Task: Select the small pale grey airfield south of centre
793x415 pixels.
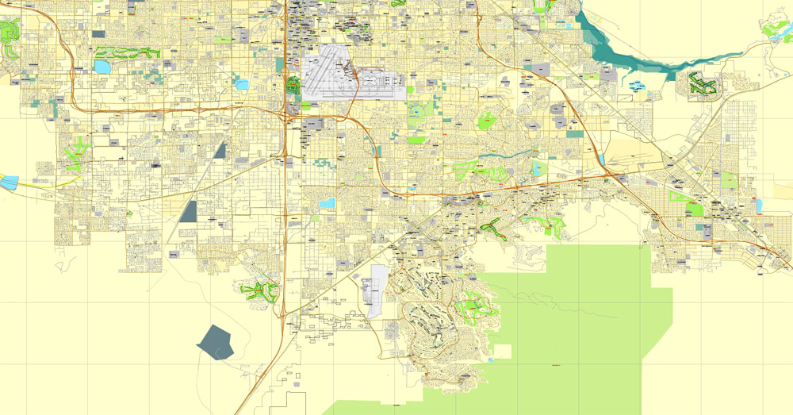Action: tap(377, 290)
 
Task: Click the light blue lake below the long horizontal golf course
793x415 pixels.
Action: tap(103, 67)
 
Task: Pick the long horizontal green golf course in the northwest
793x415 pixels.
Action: tap(127, 53)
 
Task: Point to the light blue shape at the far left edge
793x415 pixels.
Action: tap(8, 183)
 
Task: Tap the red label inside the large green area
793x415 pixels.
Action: tap(553, 364)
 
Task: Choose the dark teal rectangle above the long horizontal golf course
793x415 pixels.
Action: tap(98, 34)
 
